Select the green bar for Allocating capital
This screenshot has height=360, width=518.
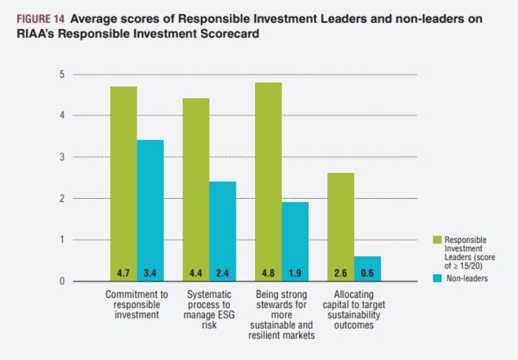point(341,227)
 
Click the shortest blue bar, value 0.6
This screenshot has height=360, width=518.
point(368,269)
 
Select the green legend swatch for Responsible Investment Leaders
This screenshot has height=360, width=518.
point(437,240)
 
